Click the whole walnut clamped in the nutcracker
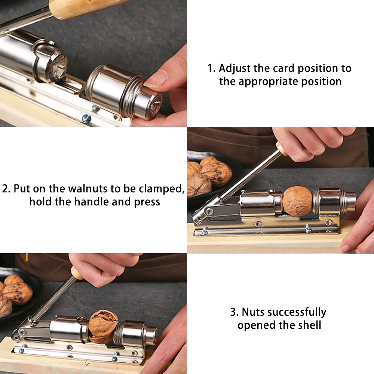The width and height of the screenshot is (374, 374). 297,201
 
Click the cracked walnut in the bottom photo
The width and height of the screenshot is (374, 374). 102,327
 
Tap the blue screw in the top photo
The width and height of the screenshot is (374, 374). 86,117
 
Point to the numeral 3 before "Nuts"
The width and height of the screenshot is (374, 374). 233,312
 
